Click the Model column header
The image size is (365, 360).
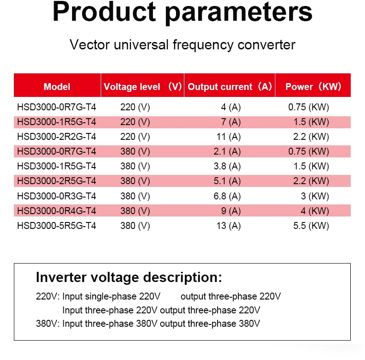tap(57, 86)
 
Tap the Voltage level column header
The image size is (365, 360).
tap(142, 86)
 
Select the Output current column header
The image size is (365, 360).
tap(230, 86)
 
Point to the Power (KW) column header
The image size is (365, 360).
tap(313, 86)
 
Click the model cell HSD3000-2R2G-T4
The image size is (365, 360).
tap(56, 137)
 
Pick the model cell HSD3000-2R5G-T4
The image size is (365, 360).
tap(56, 181)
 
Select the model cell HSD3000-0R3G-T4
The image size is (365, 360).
tap(56, 196)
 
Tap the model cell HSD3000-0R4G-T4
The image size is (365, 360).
tap(56, 211)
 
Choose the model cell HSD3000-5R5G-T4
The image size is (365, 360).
tap(56, 226)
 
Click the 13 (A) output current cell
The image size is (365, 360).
tap(229, 226)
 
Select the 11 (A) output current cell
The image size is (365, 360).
tap(229, 137)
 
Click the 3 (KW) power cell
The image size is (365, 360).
tap(315, 196)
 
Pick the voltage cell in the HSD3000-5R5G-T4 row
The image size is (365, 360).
tap(135, 226)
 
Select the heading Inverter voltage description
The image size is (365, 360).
tap(129, 277)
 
